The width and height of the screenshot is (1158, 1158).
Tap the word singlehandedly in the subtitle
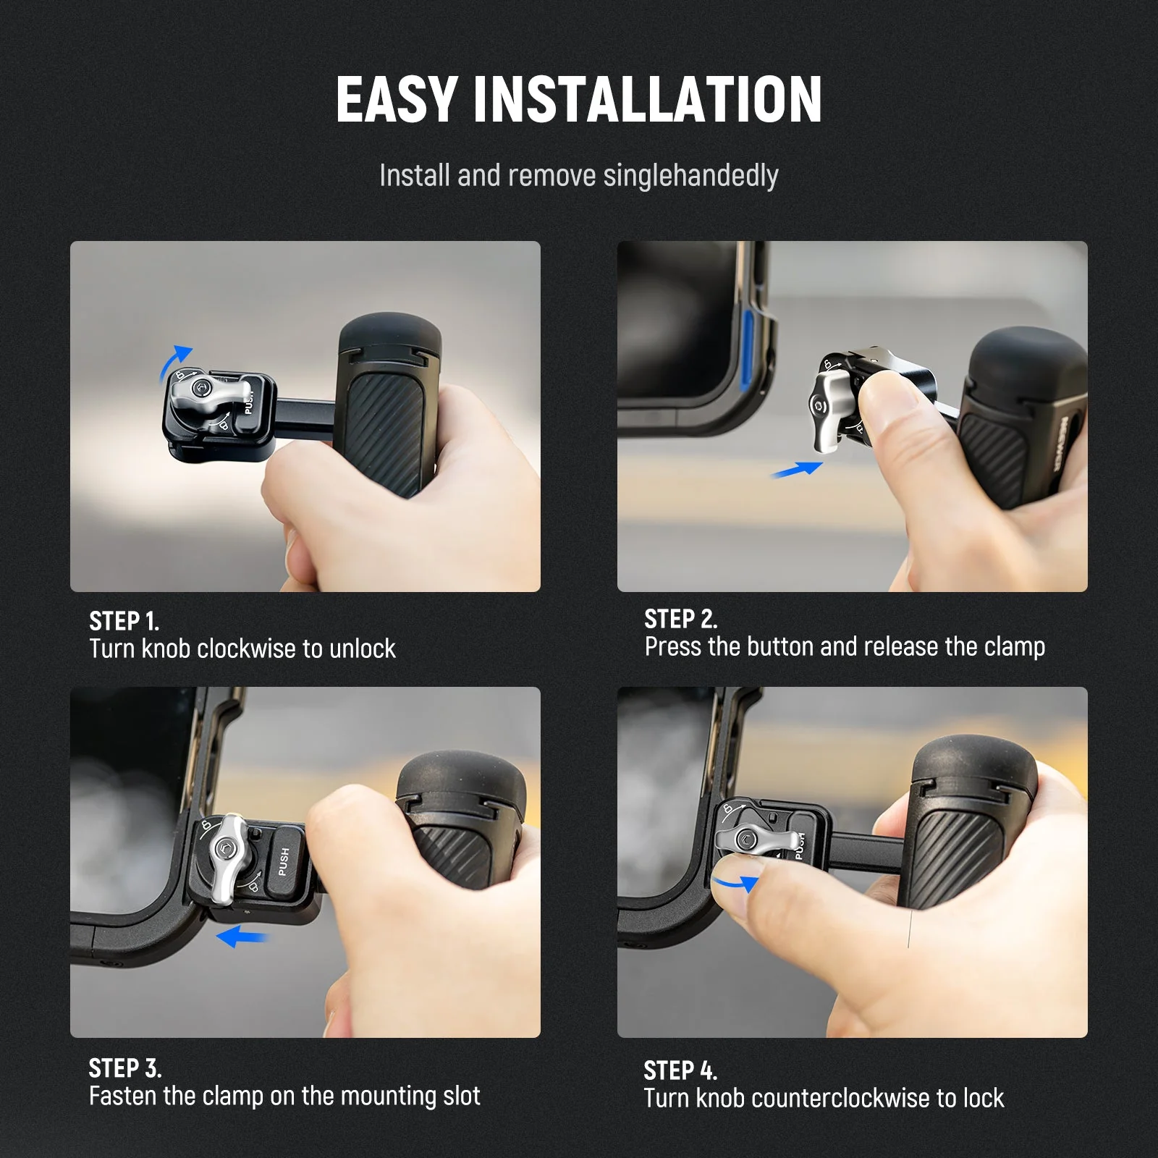click(x=690, y=176)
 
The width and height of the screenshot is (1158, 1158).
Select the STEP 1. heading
click(x=124, y=621)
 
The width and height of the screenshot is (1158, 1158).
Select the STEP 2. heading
click(x=680, y=619)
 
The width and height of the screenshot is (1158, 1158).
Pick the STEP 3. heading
click(x=124, y=1068)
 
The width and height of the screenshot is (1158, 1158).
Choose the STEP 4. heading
click(x=680, y=1070)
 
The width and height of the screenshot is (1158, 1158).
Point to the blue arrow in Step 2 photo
click(x=796, y=470)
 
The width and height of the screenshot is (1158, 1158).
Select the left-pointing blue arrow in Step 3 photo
click(x=242, y=937)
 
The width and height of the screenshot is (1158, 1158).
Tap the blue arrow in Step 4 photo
click(x=735, y=883)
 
